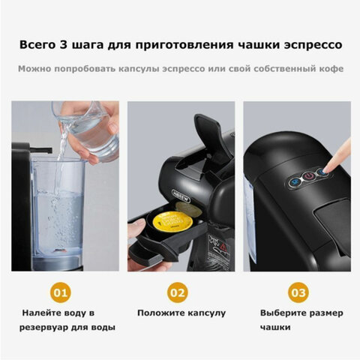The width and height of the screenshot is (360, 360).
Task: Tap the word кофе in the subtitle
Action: [x=330, y=70]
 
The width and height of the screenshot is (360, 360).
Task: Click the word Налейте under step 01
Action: [x=43, y=312]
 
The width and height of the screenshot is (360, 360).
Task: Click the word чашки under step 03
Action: [x=276, y=328]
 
